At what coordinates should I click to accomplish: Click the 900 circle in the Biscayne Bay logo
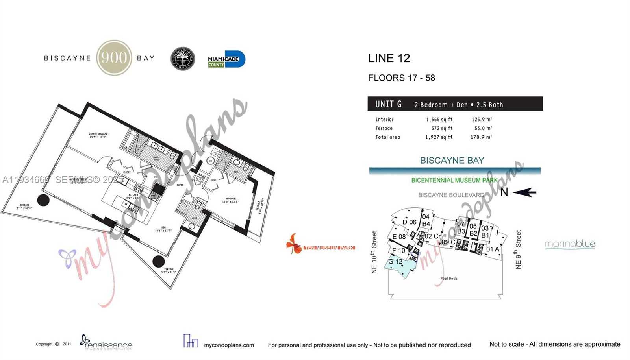[x=114, y=58]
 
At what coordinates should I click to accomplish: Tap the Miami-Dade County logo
[x=226, y=59]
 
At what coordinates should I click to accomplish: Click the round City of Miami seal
[x=183, y=59]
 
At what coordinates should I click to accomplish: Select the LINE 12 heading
[x=389, y=58]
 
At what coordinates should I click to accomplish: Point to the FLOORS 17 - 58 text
[x=401, y=78]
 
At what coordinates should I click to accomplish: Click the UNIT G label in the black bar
[x=388, y=104]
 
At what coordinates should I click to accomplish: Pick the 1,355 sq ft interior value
[x=439, y=120]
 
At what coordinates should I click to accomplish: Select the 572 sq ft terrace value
[x=441, y=128]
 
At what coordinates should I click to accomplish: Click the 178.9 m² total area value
[x=481, y=137]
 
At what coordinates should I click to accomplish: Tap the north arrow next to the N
[x=524, y=192]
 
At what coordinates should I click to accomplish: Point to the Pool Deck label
[x=448, y=279]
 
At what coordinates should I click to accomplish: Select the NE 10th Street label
[x=374, y=252]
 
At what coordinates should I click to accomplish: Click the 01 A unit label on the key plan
[x=492, y=249]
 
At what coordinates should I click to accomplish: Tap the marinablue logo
[x=570, y=244]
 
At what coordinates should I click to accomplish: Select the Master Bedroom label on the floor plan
[x=98, y=136]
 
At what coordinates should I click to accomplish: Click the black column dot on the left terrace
[x=43, y=200]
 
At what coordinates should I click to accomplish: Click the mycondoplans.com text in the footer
[x=229, y=345]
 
